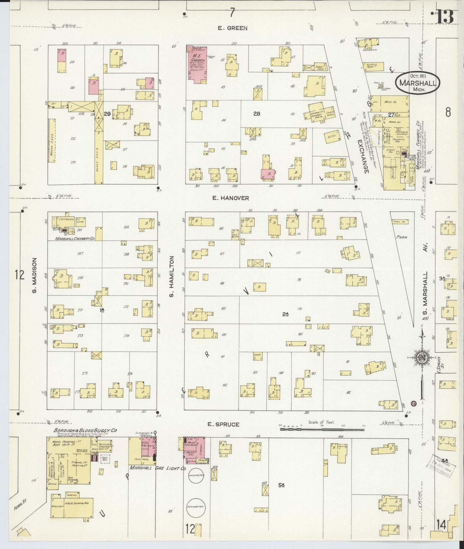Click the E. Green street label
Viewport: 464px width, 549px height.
[232, 28]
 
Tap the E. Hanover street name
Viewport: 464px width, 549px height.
[230, 198]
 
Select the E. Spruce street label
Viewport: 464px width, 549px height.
[223, 424]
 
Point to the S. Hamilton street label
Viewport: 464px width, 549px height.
[172, 276]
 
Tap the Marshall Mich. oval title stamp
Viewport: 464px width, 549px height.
[417, 83]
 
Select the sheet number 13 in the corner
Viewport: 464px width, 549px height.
[445, 17]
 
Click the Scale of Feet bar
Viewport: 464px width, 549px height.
[322, 428]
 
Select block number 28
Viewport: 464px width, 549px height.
[256, 114]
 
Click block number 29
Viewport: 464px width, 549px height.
[107, 114]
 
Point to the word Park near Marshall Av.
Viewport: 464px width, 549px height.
[401, 238]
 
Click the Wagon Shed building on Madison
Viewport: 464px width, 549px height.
[51, 142]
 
